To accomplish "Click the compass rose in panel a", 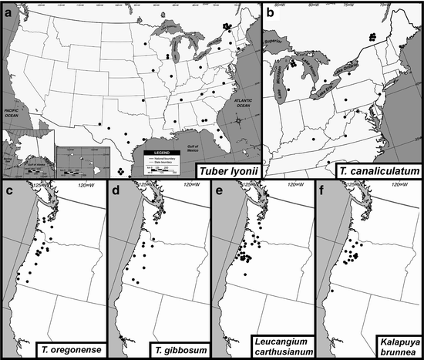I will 239,121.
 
